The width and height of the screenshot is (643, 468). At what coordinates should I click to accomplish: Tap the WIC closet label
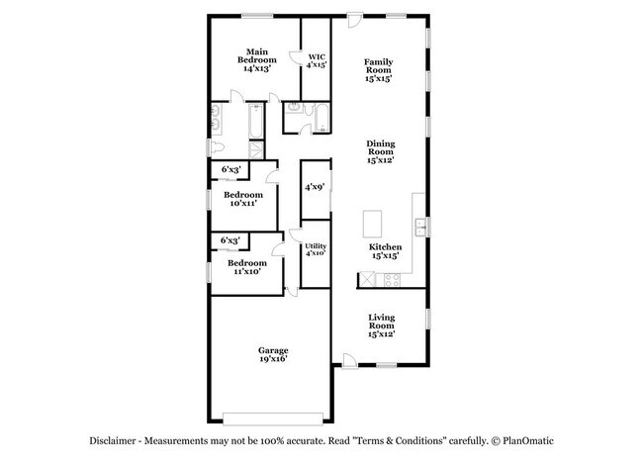(x=317, y=60)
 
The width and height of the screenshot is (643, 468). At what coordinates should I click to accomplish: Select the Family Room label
(x=378, y=69)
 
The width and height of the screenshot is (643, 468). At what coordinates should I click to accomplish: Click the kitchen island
(x=374, y=220)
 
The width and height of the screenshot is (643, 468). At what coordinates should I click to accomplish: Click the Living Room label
(x=381, y=326)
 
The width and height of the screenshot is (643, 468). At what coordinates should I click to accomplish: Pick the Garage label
(x=274, y=355)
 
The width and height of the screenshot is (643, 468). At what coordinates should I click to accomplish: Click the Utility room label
(x=316, y=249)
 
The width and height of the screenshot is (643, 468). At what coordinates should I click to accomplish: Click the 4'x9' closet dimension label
(x=316, y=186)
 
